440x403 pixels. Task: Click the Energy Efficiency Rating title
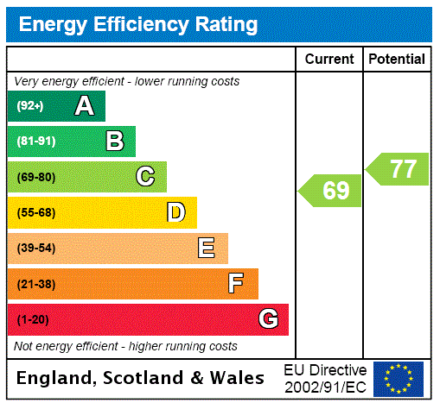pyautogui.click(x=138, y=25)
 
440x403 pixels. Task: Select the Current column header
pyautogui.click(x=329, y=60)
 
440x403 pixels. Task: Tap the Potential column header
pyautogui.click(x=397, y=60)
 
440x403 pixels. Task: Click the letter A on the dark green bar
pyautogui.click(x=84, y=106)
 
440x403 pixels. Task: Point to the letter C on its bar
pyautogui.click(x=145, y=177)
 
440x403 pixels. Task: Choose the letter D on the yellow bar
pyautogui.click(x=175, y=212)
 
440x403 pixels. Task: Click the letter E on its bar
pyautogui.click(x=207, y=249)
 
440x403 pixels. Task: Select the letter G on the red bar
pyautogui.click(x=268, y=319)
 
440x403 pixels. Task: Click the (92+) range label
pyautogui.click(x=30, y=106)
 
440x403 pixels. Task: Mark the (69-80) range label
pyautogui.click(x=35, y=177)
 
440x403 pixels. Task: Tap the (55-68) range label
pyautogui.click(x=35, y=212)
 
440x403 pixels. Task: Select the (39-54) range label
pyautogui.click(x=35, y=249)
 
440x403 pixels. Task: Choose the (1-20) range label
pyautogui.click(x=33, y=319)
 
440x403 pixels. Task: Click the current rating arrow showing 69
pyautogui.click(x=331, y=190)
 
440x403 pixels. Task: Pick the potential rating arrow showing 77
pyautogui.click(x=398, y=169)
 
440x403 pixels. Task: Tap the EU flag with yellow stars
pyautogui.click(x=399, y=378)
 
